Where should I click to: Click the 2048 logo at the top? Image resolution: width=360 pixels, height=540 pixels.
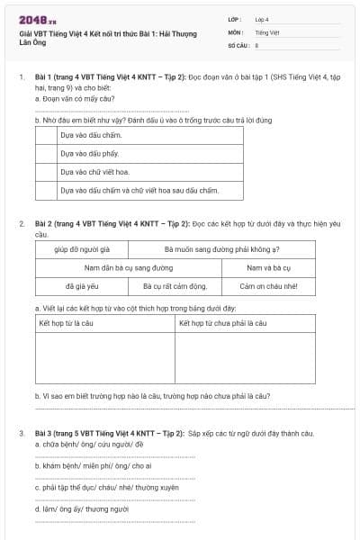[x=37, y=18]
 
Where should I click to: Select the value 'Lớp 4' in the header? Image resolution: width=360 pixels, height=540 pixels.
[x=262, y=18]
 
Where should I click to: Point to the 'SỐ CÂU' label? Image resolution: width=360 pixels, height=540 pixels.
[x=238, y=44]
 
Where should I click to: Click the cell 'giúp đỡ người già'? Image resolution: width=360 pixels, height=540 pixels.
[x=81, y=248]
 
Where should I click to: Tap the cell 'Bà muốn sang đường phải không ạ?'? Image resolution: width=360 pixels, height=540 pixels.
[x=222, y=248]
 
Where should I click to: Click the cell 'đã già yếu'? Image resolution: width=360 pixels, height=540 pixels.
[x=81, y=286]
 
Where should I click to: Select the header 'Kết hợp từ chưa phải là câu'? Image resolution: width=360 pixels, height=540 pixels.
[x=222, y=322]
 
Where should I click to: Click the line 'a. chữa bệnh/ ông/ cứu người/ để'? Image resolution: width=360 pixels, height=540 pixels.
[x=83, y=444]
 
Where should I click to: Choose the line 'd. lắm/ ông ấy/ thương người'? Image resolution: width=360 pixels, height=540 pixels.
[x=81, y=508]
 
